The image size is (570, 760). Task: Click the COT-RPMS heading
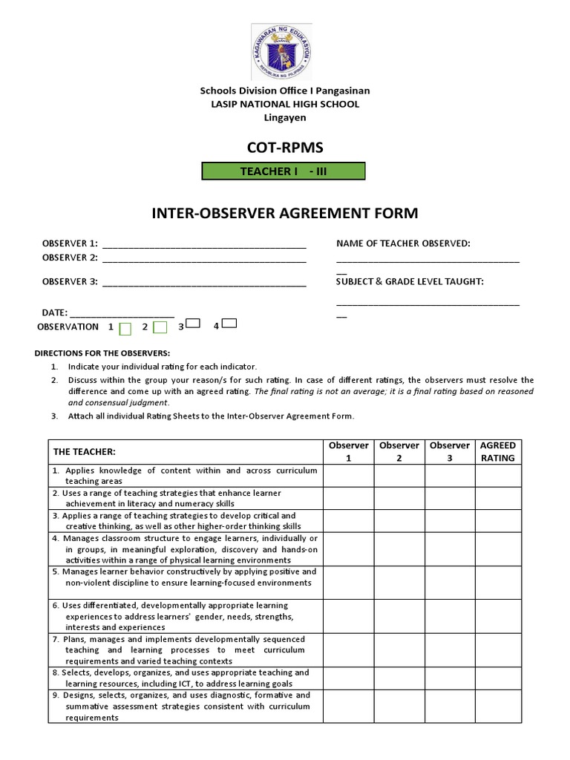285,147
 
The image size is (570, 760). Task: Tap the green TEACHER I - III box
284,171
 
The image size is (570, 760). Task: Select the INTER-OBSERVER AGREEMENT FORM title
285,214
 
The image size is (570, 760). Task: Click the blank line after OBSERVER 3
204,283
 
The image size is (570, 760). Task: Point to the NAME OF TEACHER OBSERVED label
403,243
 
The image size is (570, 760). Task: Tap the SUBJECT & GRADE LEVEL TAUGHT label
410,281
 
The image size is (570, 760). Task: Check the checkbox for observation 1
125,328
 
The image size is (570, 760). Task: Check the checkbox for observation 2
160,327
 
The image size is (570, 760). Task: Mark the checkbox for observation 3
193,324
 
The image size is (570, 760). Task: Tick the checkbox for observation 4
229,324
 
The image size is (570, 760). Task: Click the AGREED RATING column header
498,451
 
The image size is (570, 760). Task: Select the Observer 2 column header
399,451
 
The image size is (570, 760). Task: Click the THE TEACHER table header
85,452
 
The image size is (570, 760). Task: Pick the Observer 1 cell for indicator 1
349,476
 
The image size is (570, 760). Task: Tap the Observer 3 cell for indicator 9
450,706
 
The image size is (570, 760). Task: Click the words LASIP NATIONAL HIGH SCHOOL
285,104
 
